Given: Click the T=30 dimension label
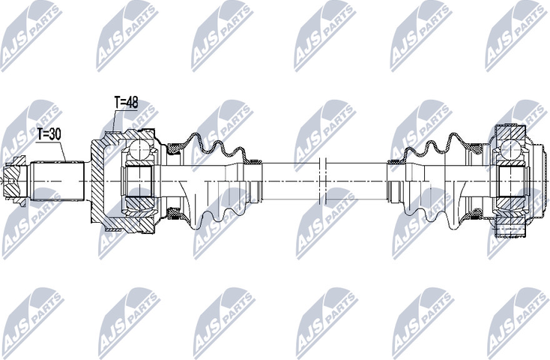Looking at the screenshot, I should pos(49,135).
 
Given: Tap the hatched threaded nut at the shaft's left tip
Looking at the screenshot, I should pos(16,181).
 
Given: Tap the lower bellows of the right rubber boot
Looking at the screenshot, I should pos(435,214).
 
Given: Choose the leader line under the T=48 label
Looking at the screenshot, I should pos(114,120).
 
